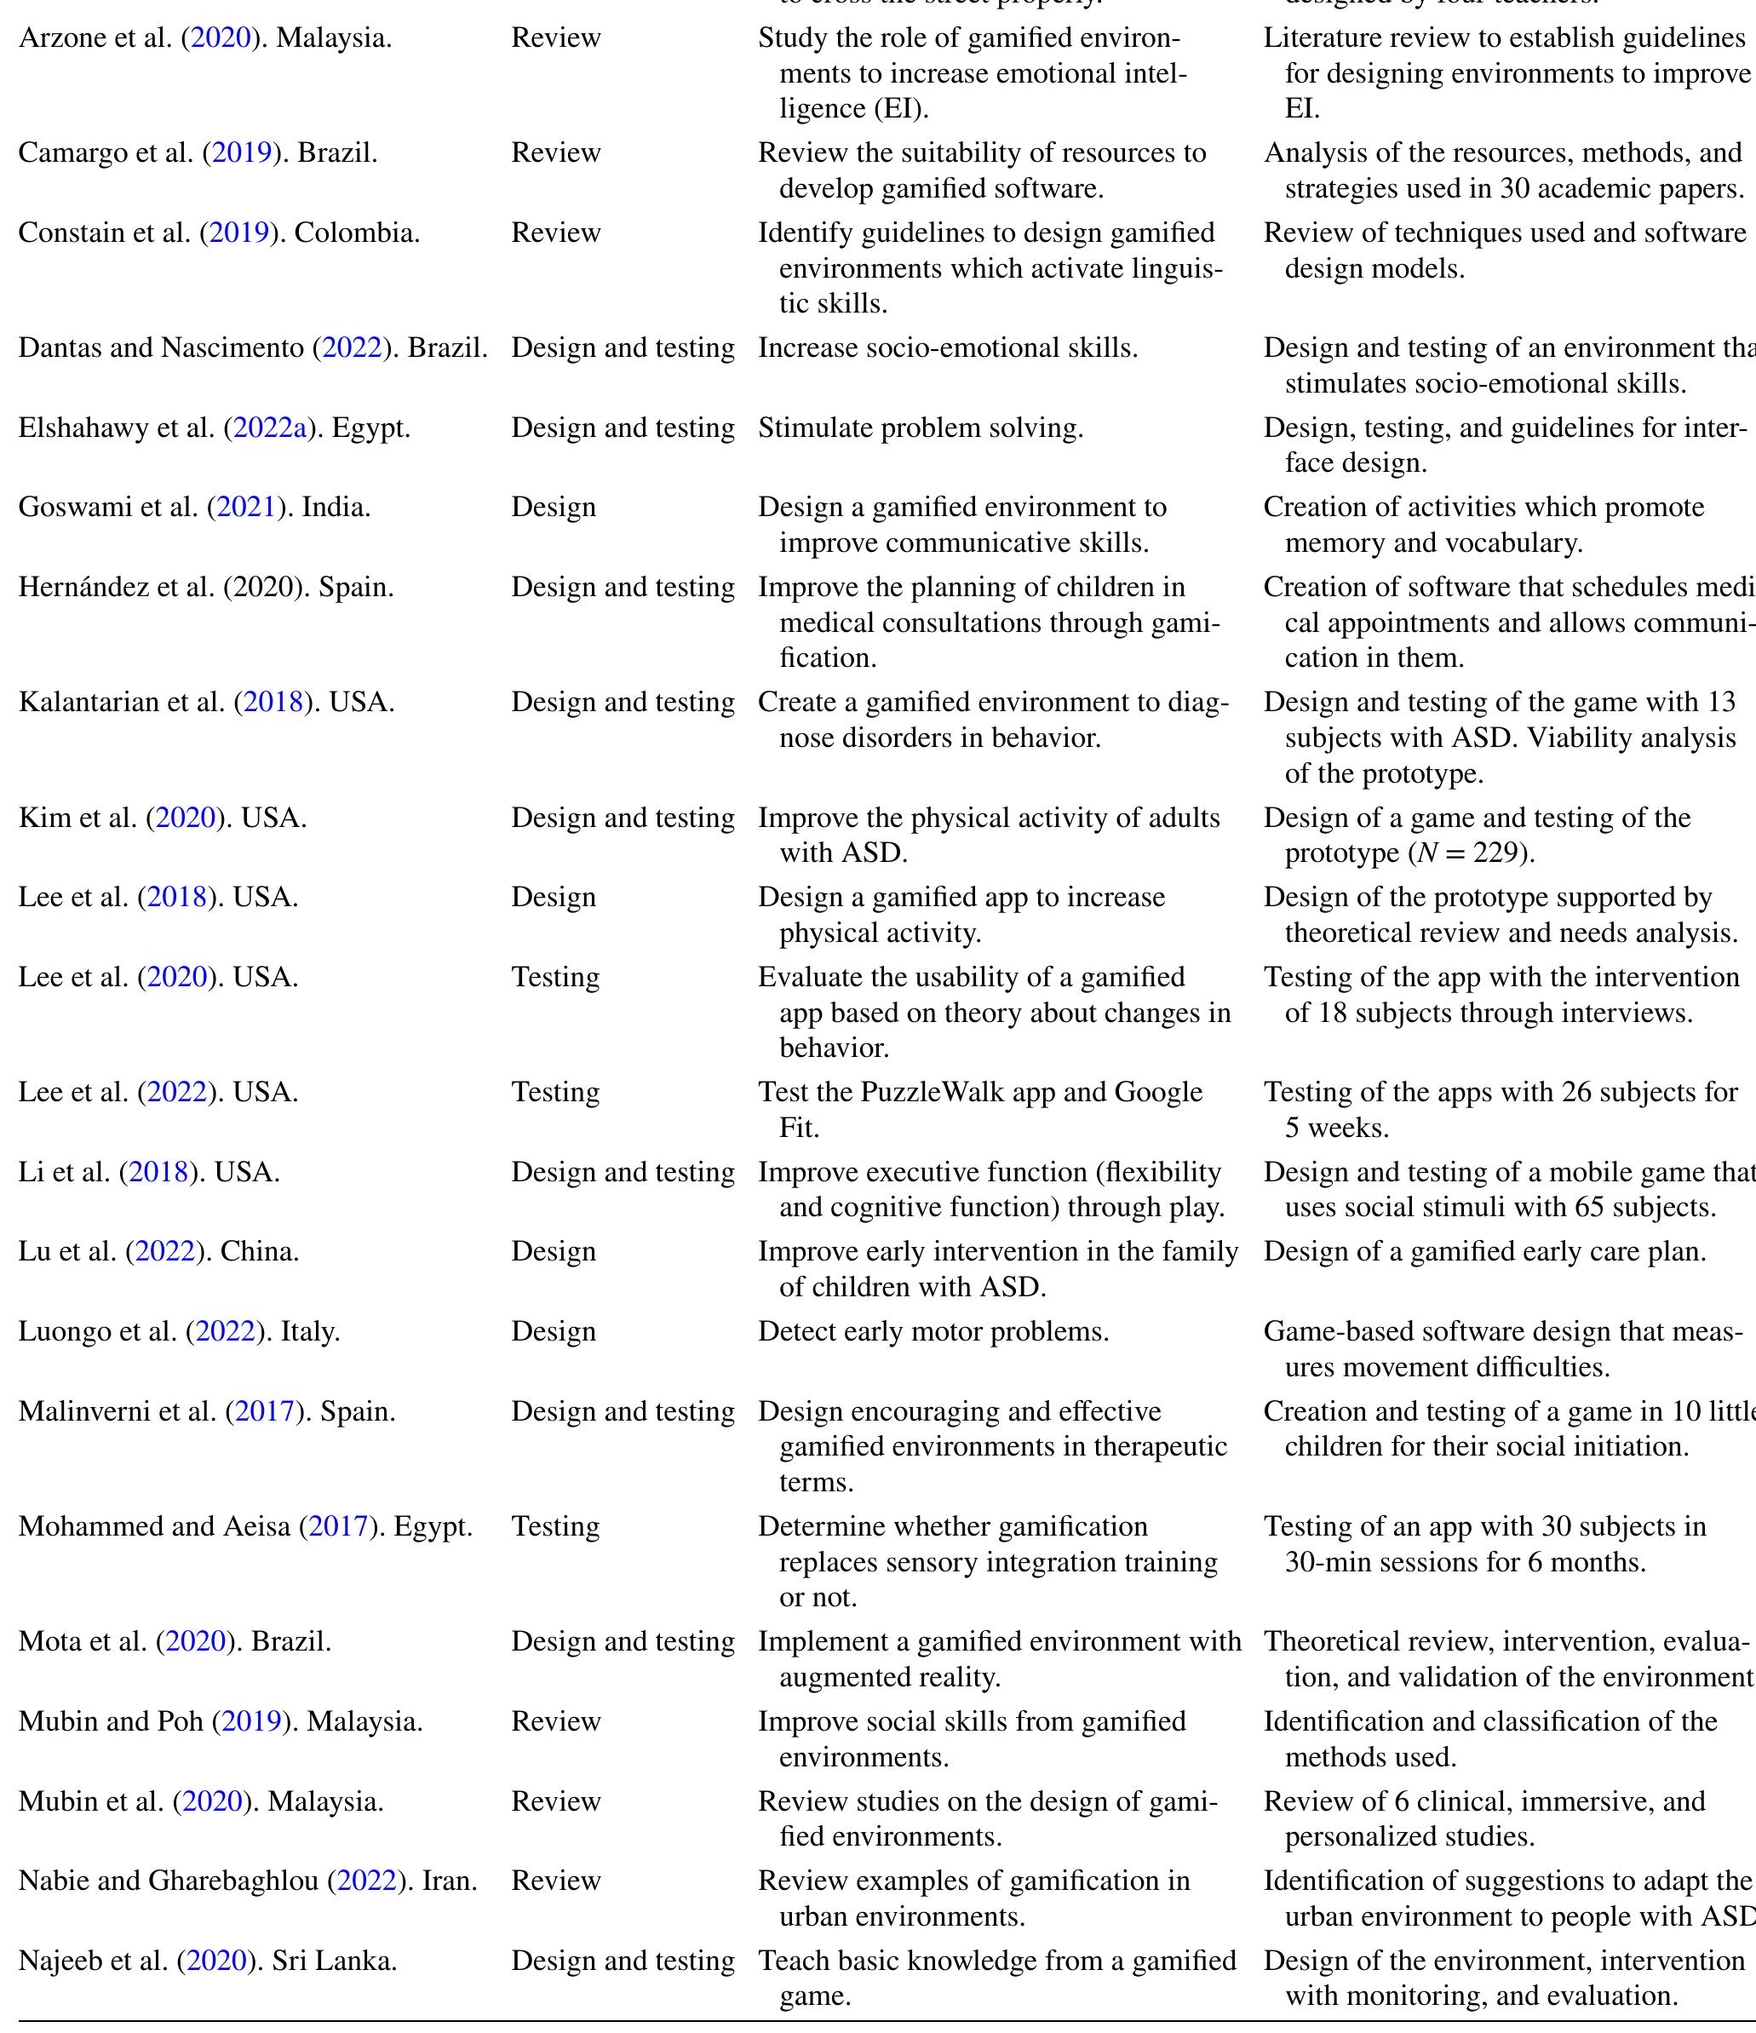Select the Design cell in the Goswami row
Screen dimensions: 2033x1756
554,508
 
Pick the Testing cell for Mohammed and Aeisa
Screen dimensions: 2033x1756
555,1527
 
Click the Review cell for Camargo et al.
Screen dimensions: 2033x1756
555,153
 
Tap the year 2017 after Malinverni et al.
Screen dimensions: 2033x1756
265,1412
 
